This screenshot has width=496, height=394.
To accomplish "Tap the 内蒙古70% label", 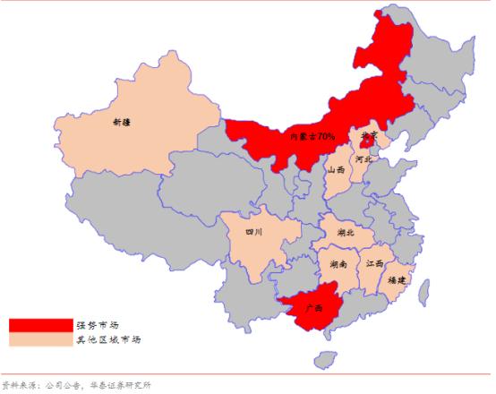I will pyautogui.click(x=312, y=137).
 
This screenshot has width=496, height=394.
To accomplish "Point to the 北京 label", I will pyautogui.click(x=368, y=137).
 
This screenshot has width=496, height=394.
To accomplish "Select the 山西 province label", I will pyautogui.click(x=337, y=168).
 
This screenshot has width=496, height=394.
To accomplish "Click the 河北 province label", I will pyautogui.click(x=363, y=158).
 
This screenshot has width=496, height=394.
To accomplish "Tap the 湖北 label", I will pyautogui.click(x=346, y=232).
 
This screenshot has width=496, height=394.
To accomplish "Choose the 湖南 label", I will pyautogui.click(x=338, y=265).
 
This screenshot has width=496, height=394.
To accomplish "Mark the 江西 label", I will pyautogui.click(x=374, y=264).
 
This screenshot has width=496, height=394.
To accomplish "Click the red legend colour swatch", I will pyautogui.click(x=40, y=324).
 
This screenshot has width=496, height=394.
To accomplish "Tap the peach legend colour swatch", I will pyautogui.click(x=40, y=339).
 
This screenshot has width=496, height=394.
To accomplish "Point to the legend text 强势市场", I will pyautogui.click(x=98, y=324).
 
